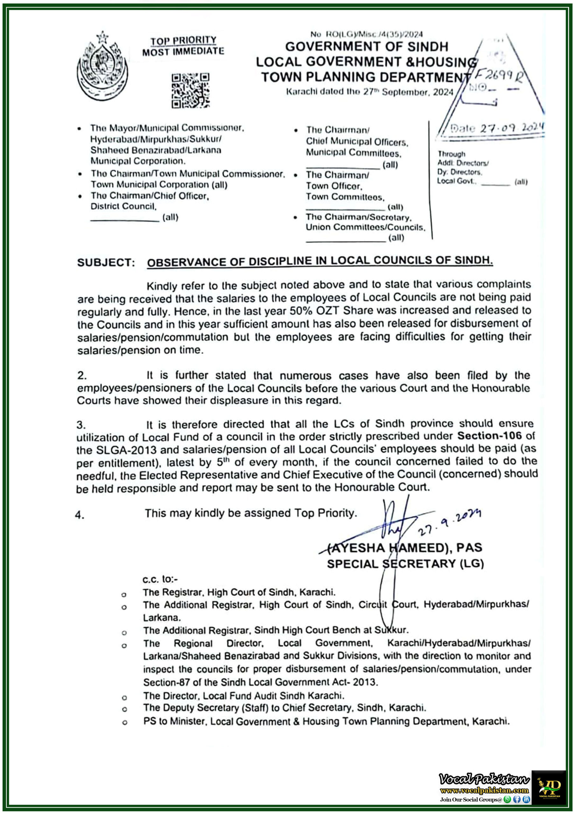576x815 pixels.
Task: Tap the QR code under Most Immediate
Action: (x=191, y=90)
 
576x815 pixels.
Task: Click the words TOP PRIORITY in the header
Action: (x=183, y=41)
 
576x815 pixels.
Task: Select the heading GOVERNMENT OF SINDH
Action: (x=367, y=47)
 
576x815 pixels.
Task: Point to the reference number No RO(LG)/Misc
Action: (x=366, y=34)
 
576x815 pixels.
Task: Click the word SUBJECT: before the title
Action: (x=106, y=263)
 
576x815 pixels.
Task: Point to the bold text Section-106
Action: (x=489, y=436)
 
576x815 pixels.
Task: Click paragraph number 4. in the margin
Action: (x=80, y=515)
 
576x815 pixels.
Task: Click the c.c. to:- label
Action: (x=160, y=579)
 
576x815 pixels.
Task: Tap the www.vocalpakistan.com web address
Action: (x=484, y=790)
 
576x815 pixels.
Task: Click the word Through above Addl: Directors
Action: (x=451, y=154)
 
